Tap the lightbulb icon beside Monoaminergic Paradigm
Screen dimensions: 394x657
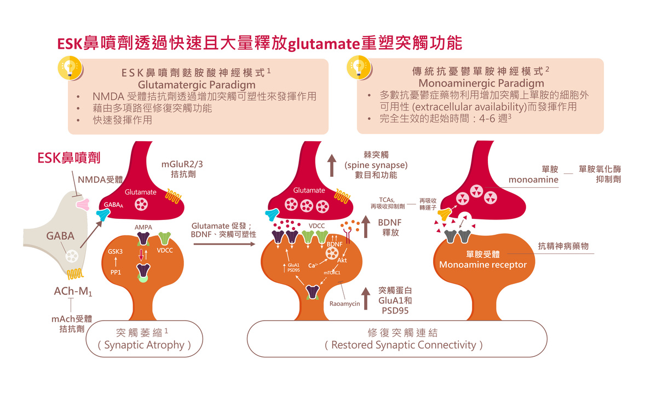(357, 67)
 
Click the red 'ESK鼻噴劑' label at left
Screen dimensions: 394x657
(69, 158)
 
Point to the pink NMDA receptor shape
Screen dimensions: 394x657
(83, 204)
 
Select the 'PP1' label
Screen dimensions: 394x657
(116, 272)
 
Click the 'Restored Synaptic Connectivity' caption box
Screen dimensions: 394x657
(404, 338)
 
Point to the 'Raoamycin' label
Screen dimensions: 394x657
(345, 304)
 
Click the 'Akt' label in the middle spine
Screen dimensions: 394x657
(342, 260)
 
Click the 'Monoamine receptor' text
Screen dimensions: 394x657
(482, 265)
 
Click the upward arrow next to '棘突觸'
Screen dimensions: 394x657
(332, 165)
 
